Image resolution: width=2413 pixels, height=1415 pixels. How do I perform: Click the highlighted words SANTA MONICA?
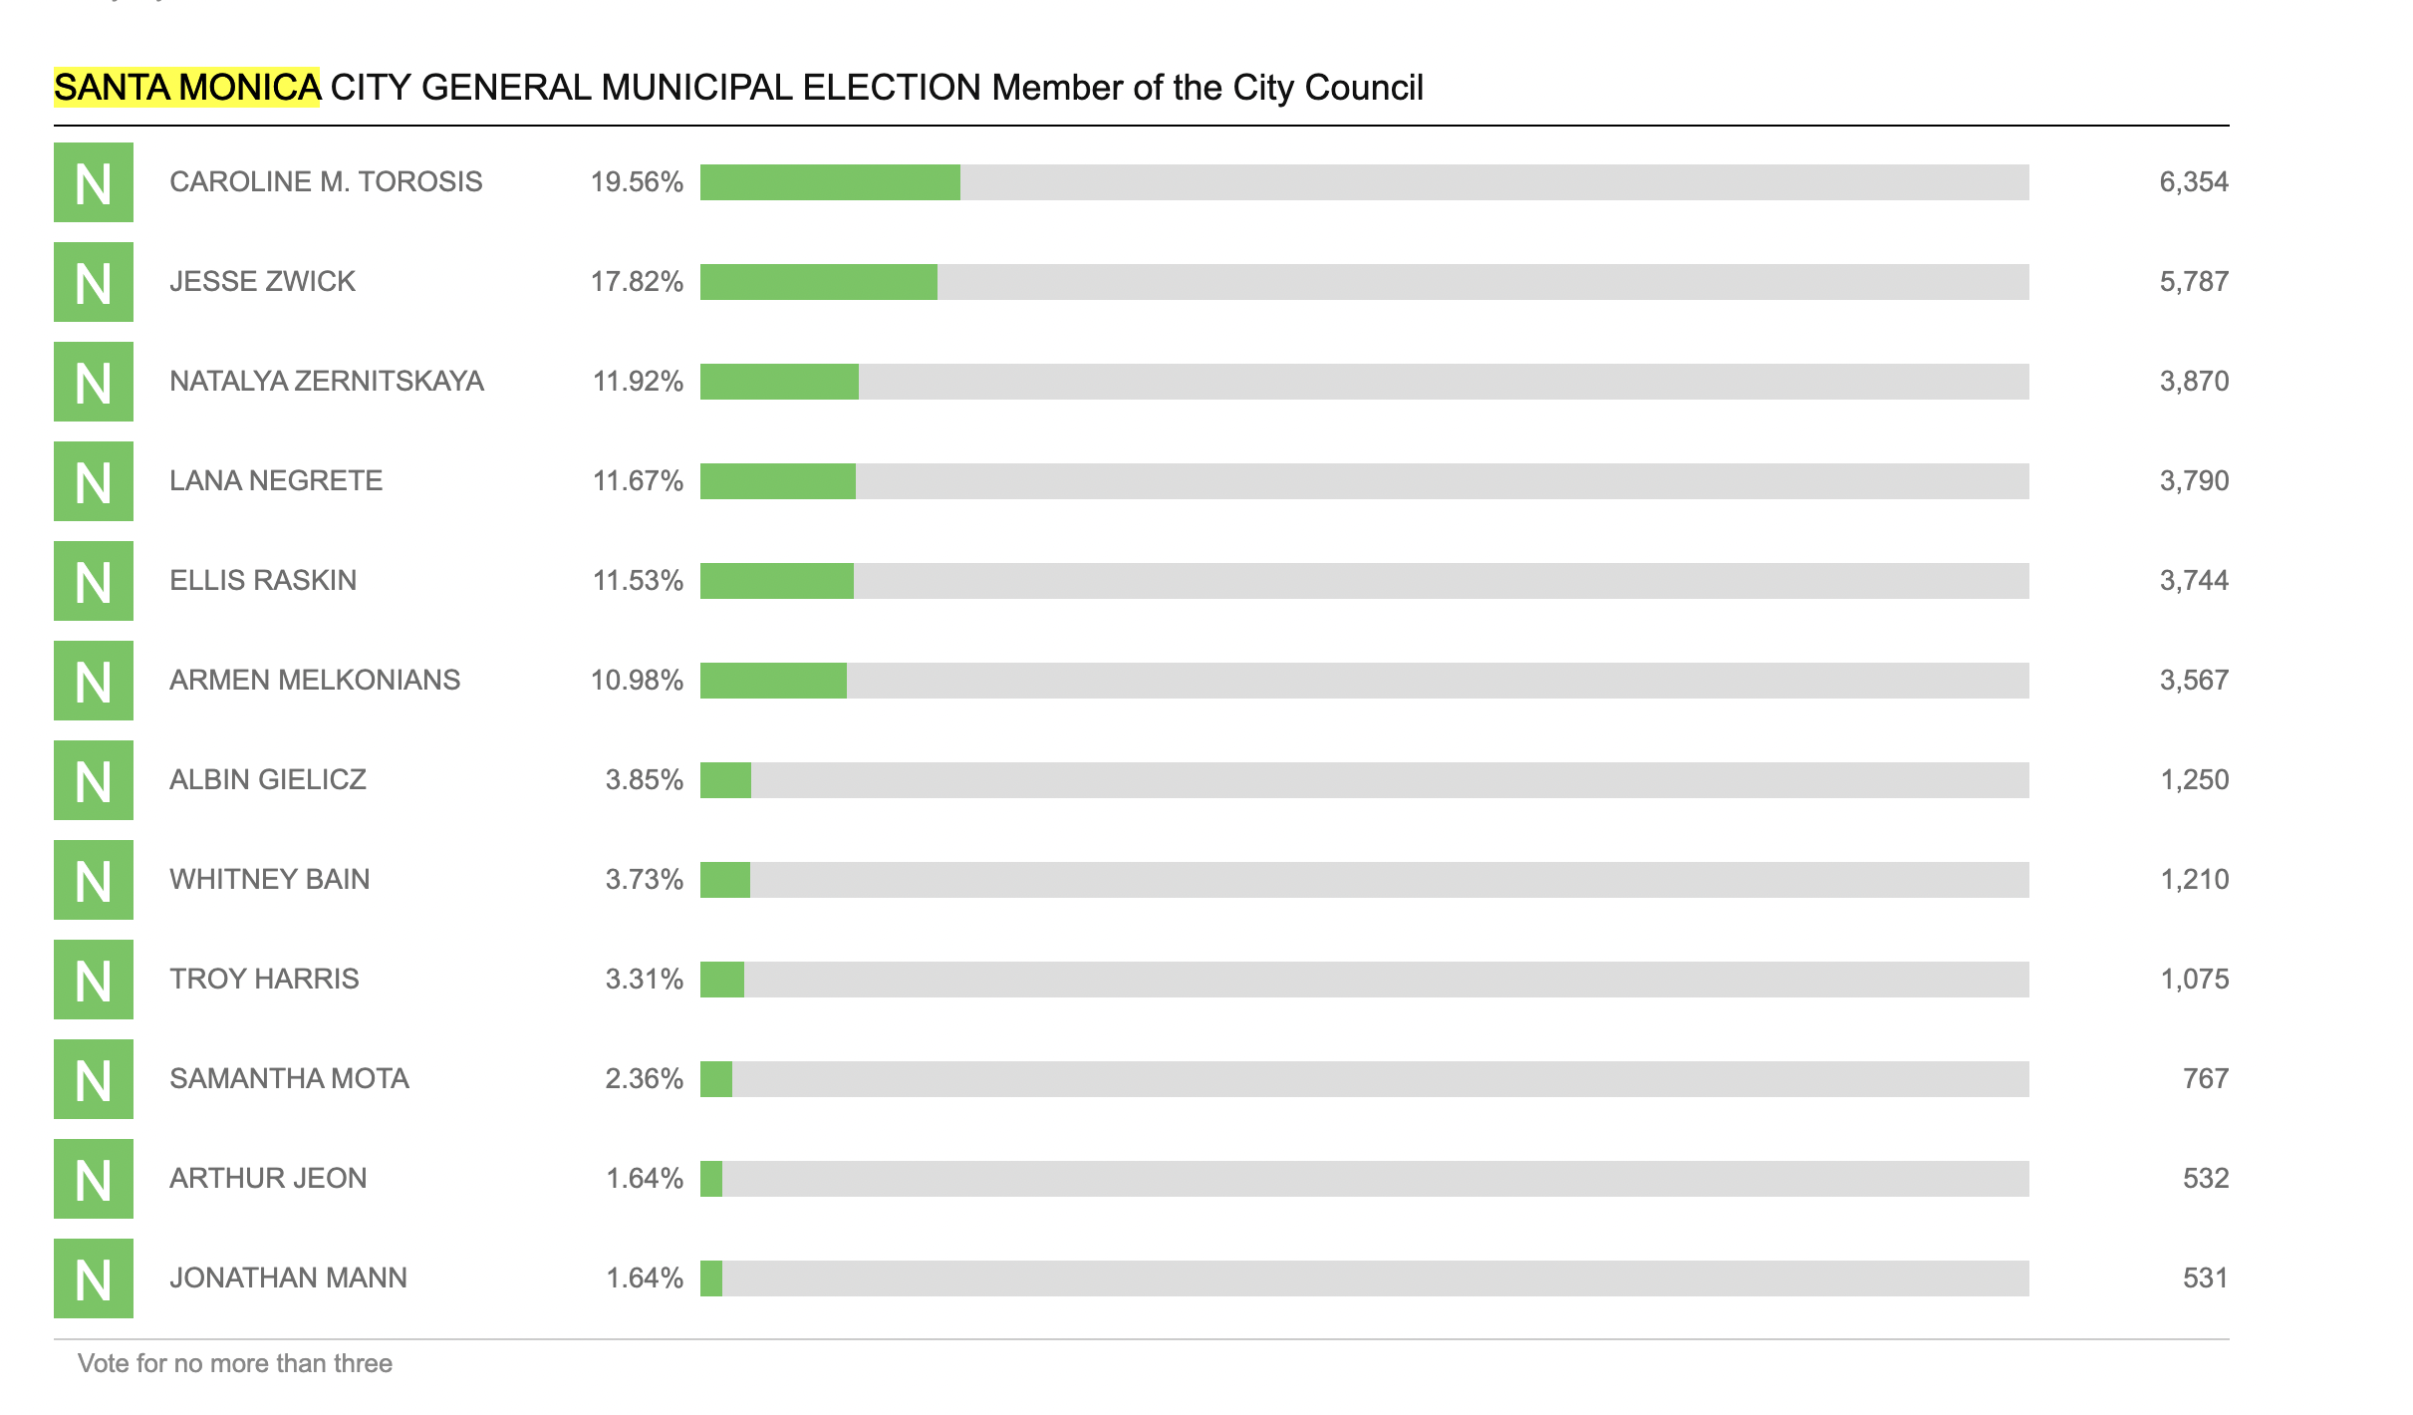(x=186, y=88)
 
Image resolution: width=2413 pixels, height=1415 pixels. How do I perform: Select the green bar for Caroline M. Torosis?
(x=830, y=182)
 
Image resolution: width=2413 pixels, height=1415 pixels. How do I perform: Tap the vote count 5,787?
(x=2193, y=282)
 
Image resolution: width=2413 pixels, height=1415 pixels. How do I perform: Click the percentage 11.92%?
(x=638, y=382)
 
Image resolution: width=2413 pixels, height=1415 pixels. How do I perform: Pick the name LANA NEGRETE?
(x=276, y=481)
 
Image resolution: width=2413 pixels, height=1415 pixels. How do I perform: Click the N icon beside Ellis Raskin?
(x=94, y=581)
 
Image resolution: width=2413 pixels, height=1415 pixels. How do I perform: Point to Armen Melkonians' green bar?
(x=773, y=681)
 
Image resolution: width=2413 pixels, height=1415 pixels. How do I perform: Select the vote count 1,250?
(x=2193, y=780)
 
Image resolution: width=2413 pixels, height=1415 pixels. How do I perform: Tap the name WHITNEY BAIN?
(x=269, y=880)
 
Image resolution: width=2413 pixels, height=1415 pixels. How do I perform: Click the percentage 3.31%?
(x=644, y=980)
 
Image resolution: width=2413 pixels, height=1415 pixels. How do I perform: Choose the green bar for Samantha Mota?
(x=716, y=1079)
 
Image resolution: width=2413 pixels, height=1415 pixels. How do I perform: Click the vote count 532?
(x=2205, y=1179)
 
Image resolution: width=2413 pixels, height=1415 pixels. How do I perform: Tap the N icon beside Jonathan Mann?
(x=94, y=1278)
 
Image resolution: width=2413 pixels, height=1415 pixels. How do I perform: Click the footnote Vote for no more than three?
(x=235, y=1363)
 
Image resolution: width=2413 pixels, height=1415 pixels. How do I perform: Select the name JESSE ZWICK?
(x=262, y=282)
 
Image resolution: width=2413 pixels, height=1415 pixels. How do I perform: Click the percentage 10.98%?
(x=637, y=681)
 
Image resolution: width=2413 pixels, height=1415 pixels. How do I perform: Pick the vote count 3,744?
(x=2193, y=581)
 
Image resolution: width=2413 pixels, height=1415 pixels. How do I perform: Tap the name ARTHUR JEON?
(x=268, y=1179)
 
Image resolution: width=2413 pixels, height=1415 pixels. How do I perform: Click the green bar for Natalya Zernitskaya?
(x=779, y=382)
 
